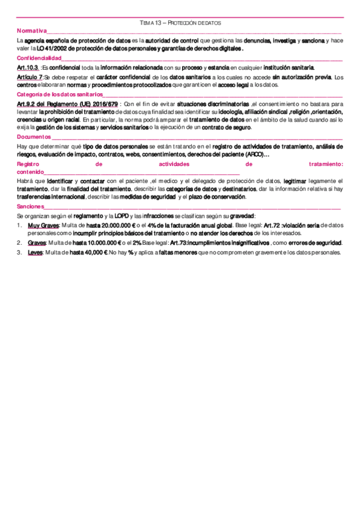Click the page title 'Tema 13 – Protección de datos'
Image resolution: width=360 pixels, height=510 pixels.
pyautogui.click(x=180, y=23)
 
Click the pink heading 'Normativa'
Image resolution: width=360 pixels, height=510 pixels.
pyautogui.click(x=32, y=31)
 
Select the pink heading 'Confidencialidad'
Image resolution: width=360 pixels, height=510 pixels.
pyautogui.click(x=40, y=58)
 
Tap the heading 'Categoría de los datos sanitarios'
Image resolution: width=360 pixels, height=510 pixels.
pyautogui.click(x=60, y=95)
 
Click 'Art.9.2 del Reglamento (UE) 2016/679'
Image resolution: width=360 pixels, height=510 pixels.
pyautogui.click(x=67, y=104)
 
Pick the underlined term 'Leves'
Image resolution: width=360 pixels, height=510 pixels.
pyautogui.click(x=35, y=253)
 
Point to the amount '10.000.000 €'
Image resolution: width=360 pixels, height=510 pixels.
pyautogui.click(x=103, y=242)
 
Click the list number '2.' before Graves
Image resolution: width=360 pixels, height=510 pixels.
pyautogui.click(x=20, y=242)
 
